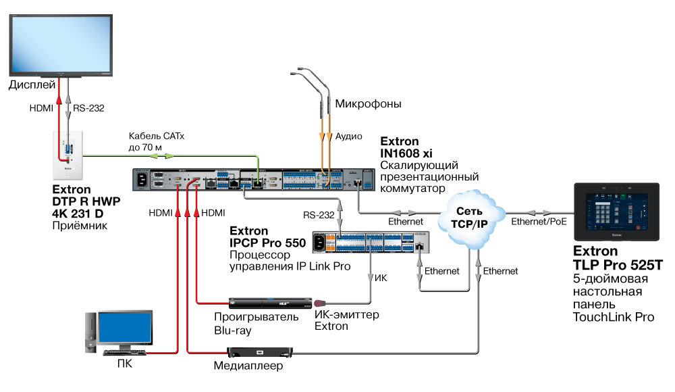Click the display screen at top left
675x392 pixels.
pos(59,42)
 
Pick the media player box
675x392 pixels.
pos(260,351)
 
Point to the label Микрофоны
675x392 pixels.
pos(368,104)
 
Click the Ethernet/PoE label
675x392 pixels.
pos(539,221)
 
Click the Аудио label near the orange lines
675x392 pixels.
pos(349,137)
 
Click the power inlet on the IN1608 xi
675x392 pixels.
pos(142,180)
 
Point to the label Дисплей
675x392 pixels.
pos(32,85)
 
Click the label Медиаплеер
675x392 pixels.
pos(248,366)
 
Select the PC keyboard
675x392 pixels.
pos(124,352)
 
